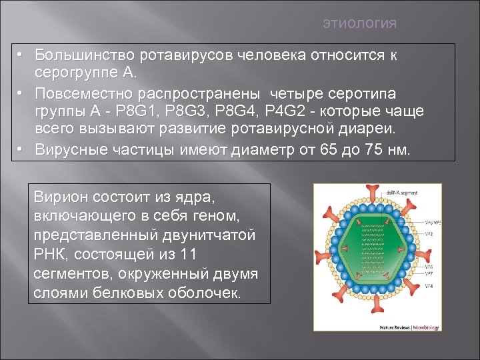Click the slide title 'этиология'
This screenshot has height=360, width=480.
tap(359, 24)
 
